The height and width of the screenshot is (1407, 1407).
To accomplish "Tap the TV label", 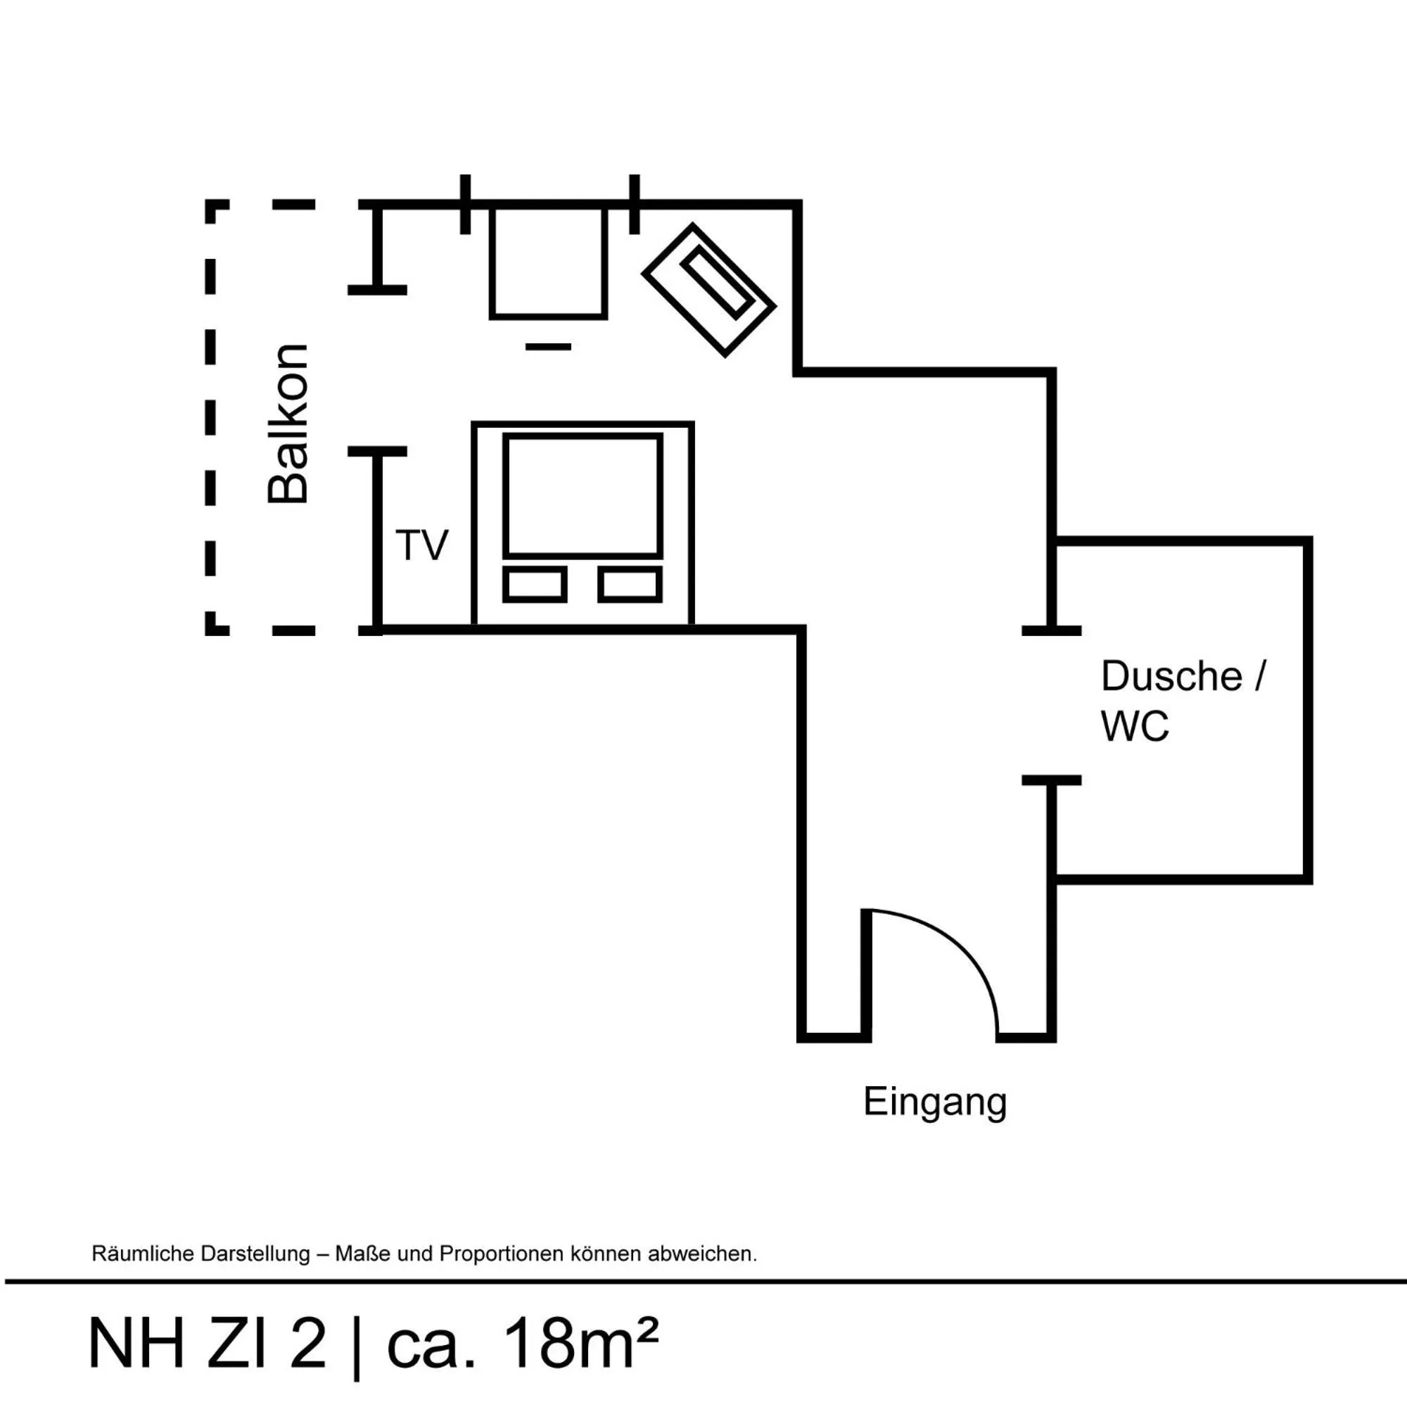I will pyautogui.click(x=421, y=545).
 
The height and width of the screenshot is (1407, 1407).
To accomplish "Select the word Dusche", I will pyautogui.click(x=1171, y=677).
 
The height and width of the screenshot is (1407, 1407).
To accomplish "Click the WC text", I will pyautogui.click(x=1134, y=726).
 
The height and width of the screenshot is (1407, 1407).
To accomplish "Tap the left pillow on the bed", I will pyautogui.click(x=535, y=584).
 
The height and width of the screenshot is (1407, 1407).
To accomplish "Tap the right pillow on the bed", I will pyautogui.click(x=630, y=584).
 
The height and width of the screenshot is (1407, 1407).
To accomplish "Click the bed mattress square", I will pyautogui.click(x=582, y=496).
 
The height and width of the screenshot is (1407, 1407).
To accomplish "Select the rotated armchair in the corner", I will pyautogui.click(x=708, y=290).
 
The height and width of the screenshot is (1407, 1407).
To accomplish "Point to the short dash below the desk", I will pyautogui.click(x=549, y=347).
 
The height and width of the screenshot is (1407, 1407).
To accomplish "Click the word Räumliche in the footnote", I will pyautogui.click(x=138, y=1254).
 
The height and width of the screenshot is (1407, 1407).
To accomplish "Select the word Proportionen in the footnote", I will pyautogui.click(x=502, y=1254).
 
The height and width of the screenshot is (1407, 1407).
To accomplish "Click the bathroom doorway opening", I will pyautogui.click(x=1052, y=705).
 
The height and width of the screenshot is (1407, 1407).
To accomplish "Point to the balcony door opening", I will pyautogui.click(x=377, y=370).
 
